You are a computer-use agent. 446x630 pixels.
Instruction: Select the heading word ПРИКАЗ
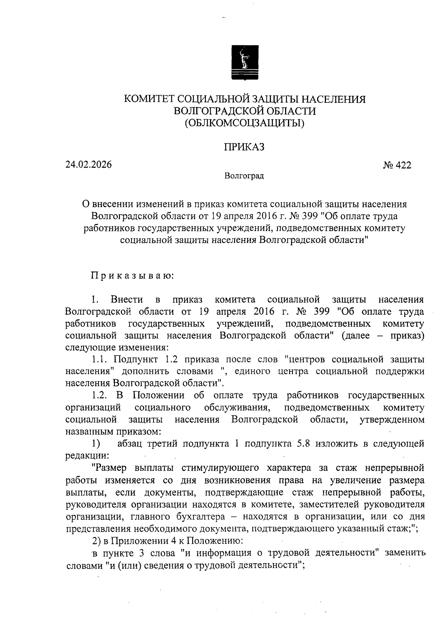(244, 147)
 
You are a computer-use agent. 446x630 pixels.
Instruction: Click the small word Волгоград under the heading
(244, 176)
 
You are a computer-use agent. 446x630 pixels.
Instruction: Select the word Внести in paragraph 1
(127, 300)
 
